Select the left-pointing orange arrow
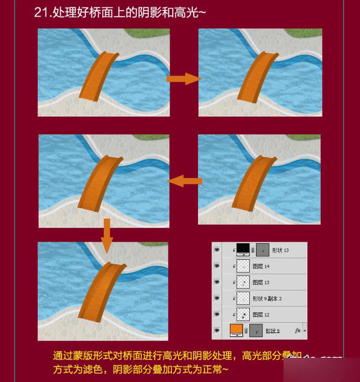click(184, 181)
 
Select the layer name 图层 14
click(261, 267)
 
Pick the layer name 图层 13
click(261, 282)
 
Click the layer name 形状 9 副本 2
click(267, 298)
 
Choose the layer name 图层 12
click(261, 315)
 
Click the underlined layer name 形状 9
click(272, 331)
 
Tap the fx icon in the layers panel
click(297, 330)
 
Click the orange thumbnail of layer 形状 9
click(236, 330)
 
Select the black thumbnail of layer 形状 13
click(243, 249)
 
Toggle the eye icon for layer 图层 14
click(217, 266)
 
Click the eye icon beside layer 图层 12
click(217, 314)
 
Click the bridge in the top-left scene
click(99, 75)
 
